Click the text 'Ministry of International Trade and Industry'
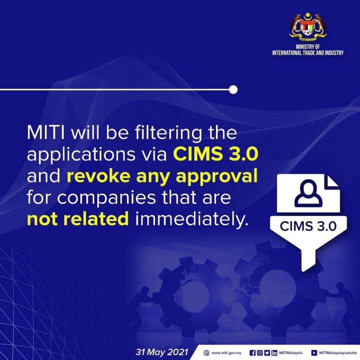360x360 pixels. [x=307, y=50]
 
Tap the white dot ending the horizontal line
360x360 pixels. [x=233, y=89]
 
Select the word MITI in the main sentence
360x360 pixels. [x=46, y=133]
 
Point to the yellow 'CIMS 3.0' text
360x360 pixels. [x=216, y=154]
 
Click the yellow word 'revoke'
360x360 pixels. [x=98, y=176]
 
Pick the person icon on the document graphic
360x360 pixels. [x=308, y=193]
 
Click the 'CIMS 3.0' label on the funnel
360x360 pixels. [x=308, y=226]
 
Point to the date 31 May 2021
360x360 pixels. [x=162, y=352]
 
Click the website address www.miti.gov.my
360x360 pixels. [x=226, y=353]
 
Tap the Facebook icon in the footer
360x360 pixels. [x=252, y=353]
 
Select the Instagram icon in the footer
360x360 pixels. [x=260, y=353]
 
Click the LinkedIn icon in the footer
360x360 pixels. [x=274, y=353]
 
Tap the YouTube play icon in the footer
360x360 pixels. [x=314, y=353]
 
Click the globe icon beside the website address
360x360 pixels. [x=206, y=353]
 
